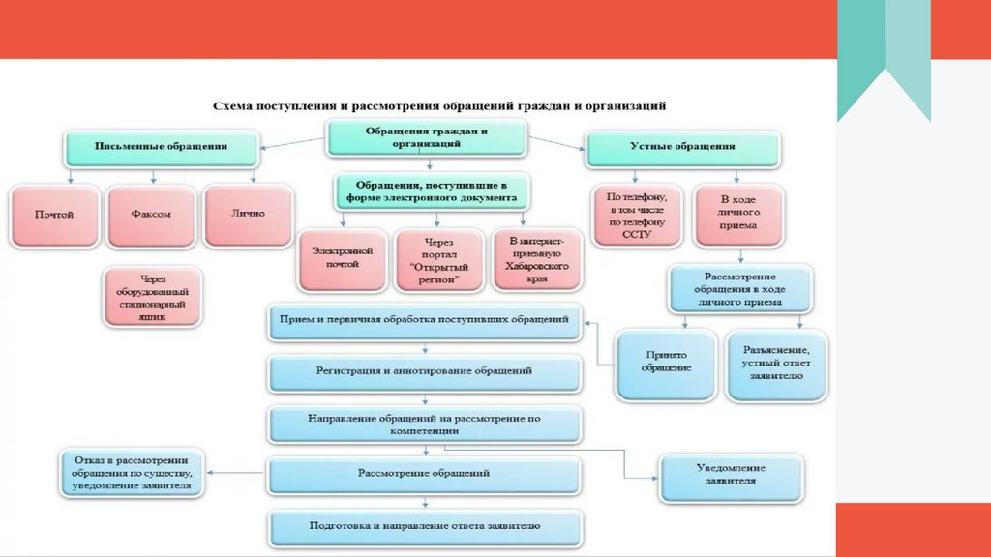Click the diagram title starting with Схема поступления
coord(439,103)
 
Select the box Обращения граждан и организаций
coord(426,137)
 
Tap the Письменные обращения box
coord(162,147)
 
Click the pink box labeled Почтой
coord(54,215)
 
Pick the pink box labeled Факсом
coord(151,215)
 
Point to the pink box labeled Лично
coord(248,214)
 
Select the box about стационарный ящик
coord(153,297)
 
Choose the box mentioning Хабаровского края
coord(537,257)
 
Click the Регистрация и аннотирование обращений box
coord(425,370)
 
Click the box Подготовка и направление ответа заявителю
coord(425,527)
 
